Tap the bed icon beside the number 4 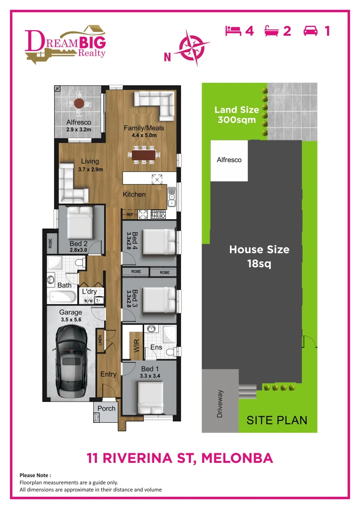pyautogui.click(x=234, y=31)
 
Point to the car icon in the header pyautogui.click(x=311, y=31)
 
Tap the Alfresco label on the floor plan pyautogui.click(x=78, y=122)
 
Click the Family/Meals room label pyautogui.click(x=140, y=128)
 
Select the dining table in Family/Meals pyautogui.click(x=143, y=155)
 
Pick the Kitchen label pyautogui.click(x=134, y=194)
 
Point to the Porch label pyautogui.click(x=106, y=408)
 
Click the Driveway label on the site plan pyautogui.click(x=220, y=403)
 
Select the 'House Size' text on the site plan pyautogui.click(x=259, y=249)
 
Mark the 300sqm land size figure pyautogui.click(x=237, y=120)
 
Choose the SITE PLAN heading pyautogui.click(x=277, y=420)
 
